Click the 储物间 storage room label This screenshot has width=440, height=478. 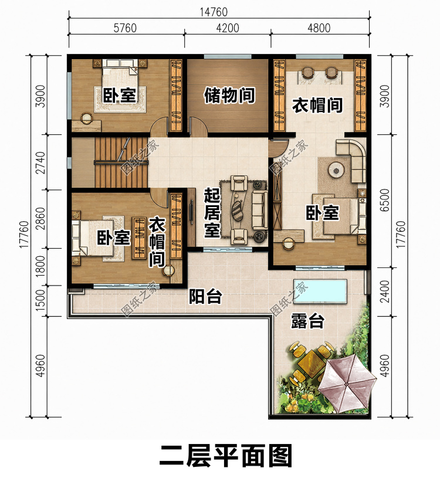tap(229, 95)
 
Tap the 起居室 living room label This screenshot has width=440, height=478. tap(212, 212)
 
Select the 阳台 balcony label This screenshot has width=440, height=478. tap(205, 296)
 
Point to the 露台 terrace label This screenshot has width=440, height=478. tap(307, 321)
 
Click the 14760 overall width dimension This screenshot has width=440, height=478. tap(214, 12)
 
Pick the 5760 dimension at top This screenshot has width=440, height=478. tap(125, 28)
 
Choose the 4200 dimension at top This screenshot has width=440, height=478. tap(228, 28)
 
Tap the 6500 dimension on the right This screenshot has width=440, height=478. tap(385, 200)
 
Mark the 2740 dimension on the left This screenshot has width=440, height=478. tap(40, 163)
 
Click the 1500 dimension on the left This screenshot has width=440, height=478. tap(40, 300)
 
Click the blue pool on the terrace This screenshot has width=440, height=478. tap(320, 291)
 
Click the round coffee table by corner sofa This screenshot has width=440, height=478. tap(337, 170)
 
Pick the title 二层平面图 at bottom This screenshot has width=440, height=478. tap(226, 456)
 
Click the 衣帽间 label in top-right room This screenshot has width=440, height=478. tap(317, 105)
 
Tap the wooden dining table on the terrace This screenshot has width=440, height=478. tap(310, 364)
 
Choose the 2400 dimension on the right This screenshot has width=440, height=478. tap(385, 291)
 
